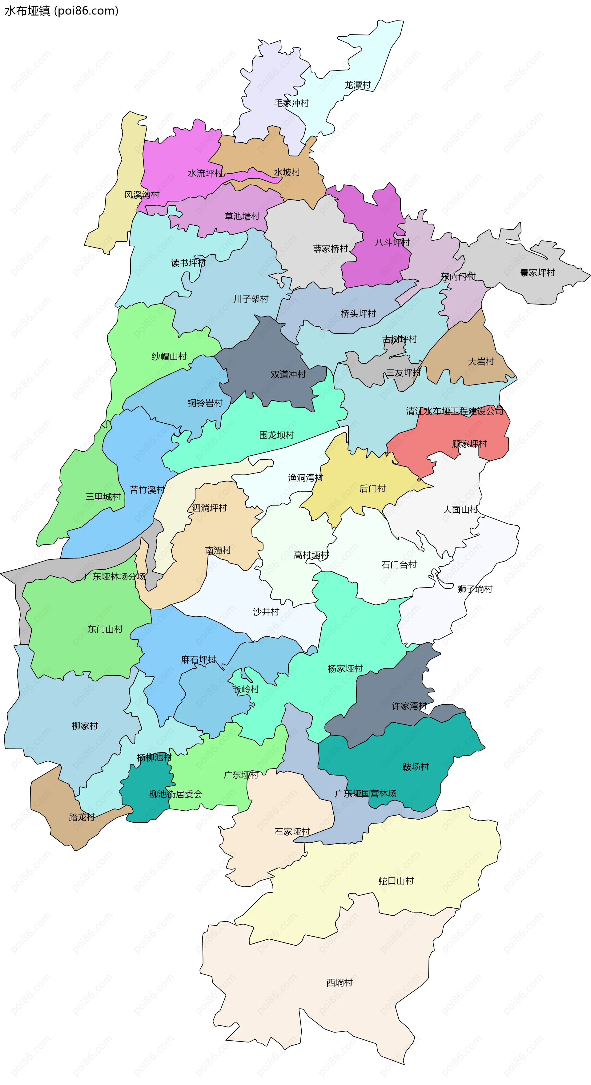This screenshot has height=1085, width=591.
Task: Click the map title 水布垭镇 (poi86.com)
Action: [62, 10]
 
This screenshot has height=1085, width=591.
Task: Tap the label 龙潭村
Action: [358, 85]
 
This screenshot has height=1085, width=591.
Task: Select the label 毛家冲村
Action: [291, 103]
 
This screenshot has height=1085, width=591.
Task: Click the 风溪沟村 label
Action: [142, 195]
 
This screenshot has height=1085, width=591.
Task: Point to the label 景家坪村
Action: [537, 272]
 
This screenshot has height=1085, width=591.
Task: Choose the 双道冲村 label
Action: [288, 374]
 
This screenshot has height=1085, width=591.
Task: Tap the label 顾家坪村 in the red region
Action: [469, 444]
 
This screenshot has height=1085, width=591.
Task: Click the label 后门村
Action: [372, 489]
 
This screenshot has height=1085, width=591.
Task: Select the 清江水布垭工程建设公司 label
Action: [455, 411]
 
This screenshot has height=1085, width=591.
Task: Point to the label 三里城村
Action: [103, 497]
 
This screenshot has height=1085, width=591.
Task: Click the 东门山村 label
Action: [105, 629]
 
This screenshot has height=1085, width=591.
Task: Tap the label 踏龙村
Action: [82, 817]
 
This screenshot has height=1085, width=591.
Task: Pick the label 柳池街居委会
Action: [176, 794]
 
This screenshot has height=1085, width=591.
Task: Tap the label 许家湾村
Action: [409, 706]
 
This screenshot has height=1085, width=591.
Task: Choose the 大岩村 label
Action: [481, 361]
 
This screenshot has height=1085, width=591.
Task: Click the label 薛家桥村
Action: [331, 248]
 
